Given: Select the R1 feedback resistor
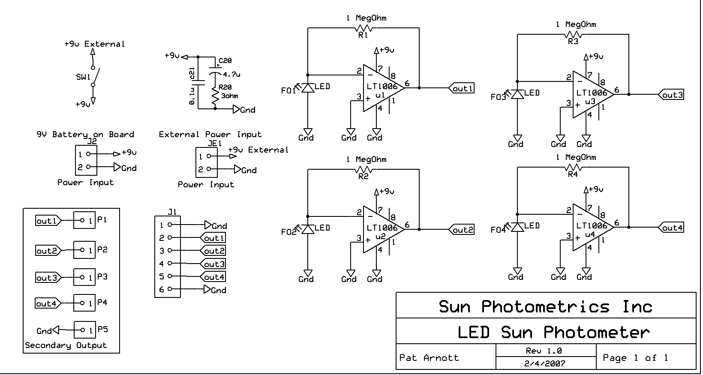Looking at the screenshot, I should (x=364, y=28).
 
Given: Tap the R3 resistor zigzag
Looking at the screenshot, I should (x=573, y=35).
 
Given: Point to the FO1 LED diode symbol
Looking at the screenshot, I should (x=307, y=88).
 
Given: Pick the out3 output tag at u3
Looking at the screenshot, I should (x=671, y=95).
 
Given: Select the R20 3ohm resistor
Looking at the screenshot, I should (x=215, y=97).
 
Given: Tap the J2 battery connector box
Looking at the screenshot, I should (x=86, y=160).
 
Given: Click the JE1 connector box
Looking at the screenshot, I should (x=206, y=162).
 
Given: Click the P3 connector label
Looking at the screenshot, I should (x=102, y=276).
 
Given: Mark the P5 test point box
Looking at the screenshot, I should (x=84, y=330).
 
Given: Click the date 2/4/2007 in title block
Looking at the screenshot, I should (x=545, y=363).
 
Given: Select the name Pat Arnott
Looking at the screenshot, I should (x=429, y=357).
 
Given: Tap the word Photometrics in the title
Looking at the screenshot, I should (x=545, y=306).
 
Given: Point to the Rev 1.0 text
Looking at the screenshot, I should (x=544, y=351).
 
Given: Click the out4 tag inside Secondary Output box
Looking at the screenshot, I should (x=47, y=303).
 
